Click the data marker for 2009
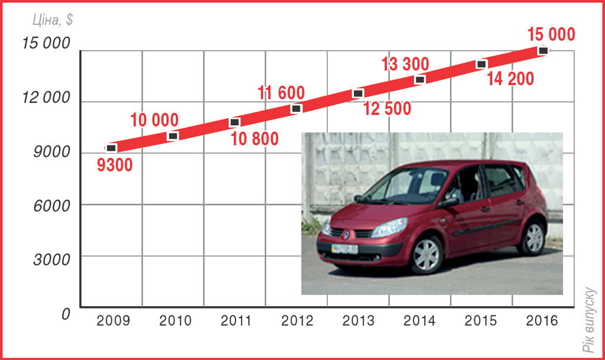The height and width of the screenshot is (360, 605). [111, 148]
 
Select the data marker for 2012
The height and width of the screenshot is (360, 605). [297, 108]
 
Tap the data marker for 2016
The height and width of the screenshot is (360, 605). [543, 50]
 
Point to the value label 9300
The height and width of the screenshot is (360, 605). [115, 165]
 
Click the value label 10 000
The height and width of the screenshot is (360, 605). [154, 121]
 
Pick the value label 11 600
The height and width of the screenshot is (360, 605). [281, 93]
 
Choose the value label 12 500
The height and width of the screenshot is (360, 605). [388, 109]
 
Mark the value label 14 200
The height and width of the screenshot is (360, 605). [510, 79]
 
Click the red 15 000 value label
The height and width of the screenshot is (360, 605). [551, 35]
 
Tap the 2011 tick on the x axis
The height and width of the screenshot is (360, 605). [236, 321]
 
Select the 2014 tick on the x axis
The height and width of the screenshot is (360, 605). [419, 321]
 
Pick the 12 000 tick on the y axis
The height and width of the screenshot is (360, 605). [45, 98]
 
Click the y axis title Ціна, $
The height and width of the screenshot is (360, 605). [53, 20]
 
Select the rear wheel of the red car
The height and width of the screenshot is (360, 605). [534, 237]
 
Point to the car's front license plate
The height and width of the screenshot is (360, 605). [344, 249]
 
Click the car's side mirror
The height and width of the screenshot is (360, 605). [449, 202]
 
